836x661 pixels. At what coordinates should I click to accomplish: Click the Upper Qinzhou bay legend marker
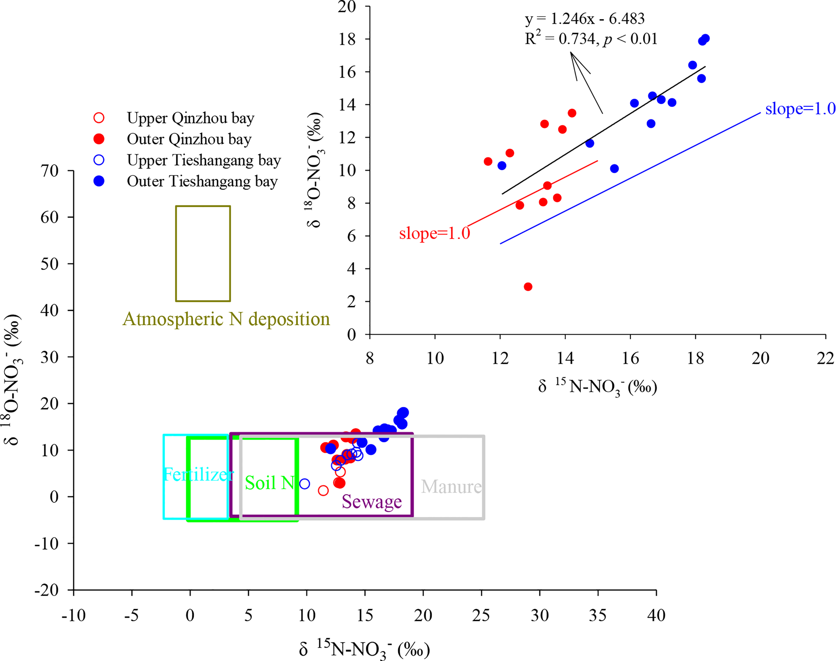(99, 118)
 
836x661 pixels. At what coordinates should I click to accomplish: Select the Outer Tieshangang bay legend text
(202, 181)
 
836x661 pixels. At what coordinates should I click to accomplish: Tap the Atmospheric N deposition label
(226, 319)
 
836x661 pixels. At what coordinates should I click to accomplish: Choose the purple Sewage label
(372, 502)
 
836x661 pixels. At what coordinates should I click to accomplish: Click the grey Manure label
(451, 486)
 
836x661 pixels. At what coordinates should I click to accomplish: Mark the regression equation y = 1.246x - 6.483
(585, 19)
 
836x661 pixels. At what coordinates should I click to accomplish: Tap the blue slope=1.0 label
(800, 109)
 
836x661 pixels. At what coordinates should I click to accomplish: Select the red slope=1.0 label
(434, 233)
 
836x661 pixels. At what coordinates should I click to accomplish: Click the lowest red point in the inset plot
(528, 287)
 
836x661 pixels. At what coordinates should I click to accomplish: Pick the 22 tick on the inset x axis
(825, 358)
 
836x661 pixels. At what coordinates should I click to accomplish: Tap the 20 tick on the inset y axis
(347, 7)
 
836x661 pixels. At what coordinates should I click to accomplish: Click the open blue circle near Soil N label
(305, 484)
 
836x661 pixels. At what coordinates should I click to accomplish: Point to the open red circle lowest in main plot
(323, 491)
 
